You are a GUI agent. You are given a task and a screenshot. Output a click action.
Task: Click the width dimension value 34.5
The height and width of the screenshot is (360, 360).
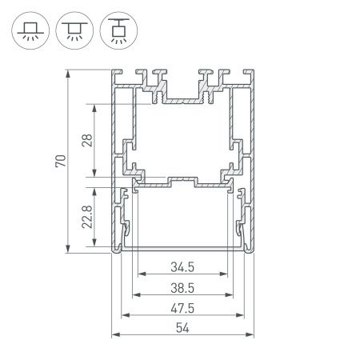click(183, 267)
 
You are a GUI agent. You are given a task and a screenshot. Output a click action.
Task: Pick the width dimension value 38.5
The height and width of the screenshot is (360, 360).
click(183, 288)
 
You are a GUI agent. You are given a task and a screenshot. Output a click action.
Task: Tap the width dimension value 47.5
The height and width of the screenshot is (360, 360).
click(183, 309)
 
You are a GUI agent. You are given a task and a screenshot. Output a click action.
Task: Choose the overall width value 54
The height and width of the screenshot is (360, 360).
click(183, 329)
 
